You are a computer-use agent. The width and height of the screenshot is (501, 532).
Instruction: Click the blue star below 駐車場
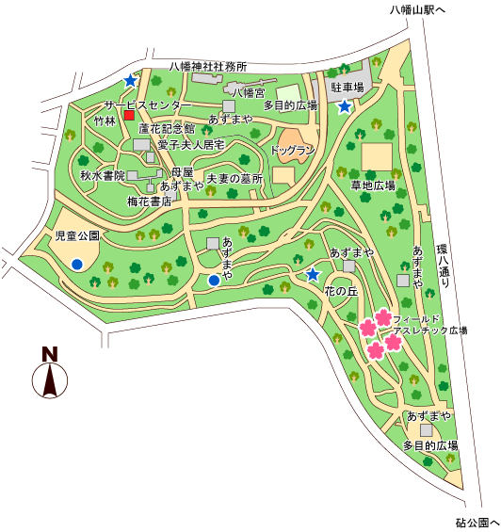click(346, 106)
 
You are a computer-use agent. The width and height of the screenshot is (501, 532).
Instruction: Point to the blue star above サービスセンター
click(130, 81)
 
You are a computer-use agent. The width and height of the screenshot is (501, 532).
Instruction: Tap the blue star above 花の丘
click(313, 274)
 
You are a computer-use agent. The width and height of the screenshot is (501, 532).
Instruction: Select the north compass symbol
click(50, 374)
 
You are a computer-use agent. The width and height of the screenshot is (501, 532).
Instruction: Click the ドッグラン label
click(292, 151)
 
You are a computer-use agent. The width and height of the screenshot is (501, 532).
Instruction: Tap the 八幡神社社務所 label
click(208, 67)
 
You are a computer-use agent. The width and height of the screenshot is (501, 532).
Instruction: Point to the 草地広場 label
click(373, 185)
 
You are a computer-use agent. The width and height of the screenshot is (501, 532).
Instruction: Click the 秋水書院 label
click(103, 176)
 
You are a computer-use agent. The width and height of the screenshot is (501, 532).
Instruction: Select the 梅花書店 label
click(149, 202)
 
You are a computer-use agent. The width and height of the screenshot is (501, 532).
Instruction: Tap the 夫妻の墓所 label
click(234, 178)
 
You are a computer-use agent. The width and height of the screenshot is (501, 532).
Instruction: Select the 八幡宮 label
click(250, 92)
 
